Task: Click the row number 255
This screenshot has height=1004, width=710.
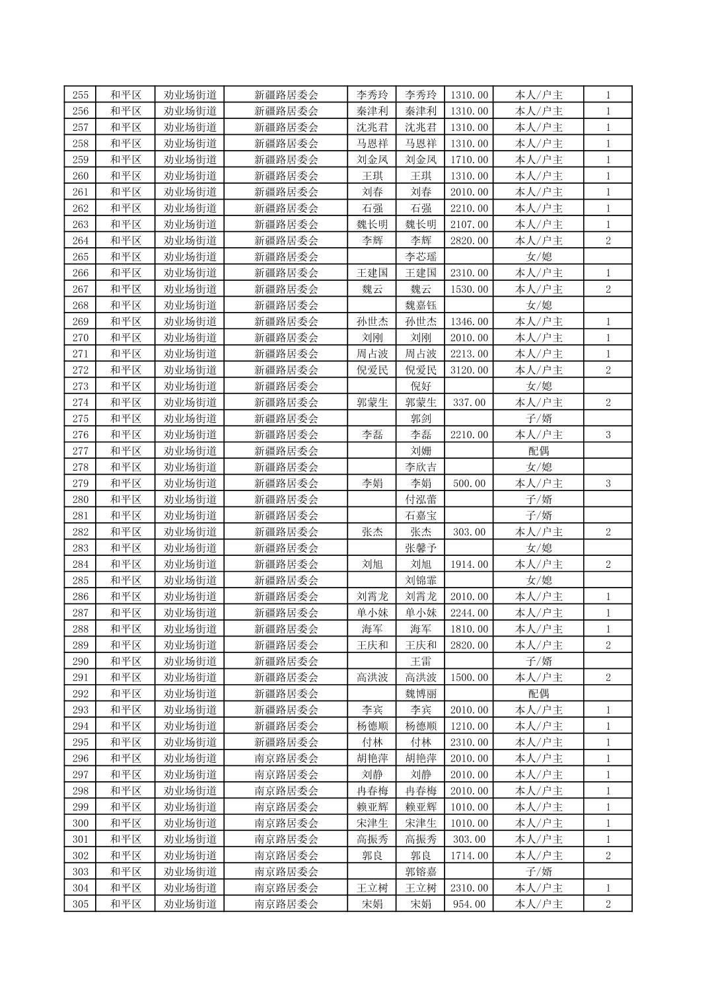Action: click(80, 95)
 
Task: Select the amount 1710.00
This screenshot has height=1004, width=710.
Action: click(469, 160)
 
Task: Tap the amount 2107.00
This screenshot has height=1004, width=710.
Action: click(469, 225)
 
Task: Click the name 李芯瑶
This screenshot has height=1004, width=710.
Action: click(421, 257)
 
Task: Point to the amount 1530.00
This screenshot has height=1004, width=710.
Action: click(469, 290)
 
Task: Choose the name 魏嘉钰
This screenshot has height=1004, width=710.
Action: click(421, 305)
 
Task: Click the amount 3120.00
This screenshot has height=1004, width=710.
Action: click(469, 370)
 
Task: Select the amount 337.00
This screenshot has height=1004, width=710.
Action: click(469, 403)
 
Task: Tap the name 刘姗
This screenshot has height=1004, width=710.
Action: click(421, 451)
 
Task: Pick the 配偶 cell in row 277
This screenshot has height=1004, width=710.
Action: click(538, 451)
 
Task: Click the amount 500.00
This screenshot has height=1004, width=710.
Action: click(469, 484)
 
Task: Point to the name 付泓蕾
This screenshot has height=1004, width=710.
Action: click(421, 500)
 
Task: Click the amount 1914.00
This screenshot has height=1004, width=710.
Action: click(469, 564)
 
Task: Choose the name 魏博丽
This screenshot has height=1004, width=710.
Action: click(421, 694)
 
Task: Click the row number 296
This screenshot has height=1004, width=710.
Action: click(80, 759)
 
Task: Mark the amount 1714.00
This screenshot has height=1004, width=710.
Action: click(469, 856)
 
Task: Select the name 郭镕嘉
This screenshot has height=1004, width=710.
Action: click(421, 872)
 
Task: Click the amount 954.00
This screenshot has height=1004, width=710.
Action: click(469, 904)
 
